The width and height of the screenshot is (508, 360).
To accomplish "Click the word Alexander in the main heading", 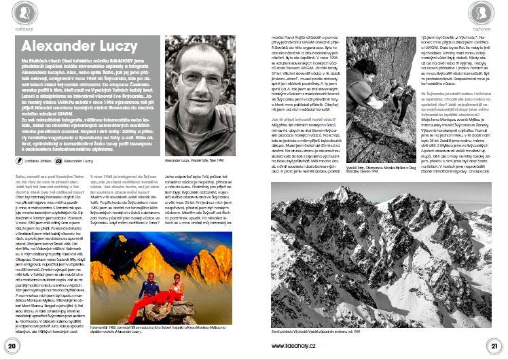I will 54,46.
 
